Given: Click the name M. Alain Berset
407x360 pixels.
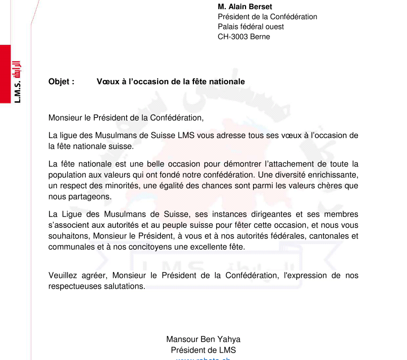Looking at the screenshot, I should tap(245, 6).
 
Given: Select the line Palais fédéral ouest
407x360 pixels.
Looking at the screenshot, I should tap(251, 27).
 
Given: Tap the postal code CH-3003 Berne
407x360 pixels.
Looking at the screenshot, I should tap(244, 37).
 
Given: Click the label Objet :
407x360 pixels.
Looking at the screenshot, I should tap(61, 82).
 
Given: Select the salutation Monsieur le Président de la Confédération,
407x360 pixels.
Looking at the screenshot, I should tap(126, 117).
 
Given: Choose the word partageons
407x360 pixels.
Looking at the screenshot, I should tap(78, 196).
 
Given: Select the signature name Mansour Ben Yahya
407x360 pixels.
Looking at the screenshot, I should tap(203, 339).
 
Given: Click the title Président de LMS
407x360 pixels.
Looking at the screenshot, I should tap(203, 350).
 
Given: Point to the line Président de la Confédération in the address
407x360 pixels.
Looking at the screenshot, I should tap(267, 17).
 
